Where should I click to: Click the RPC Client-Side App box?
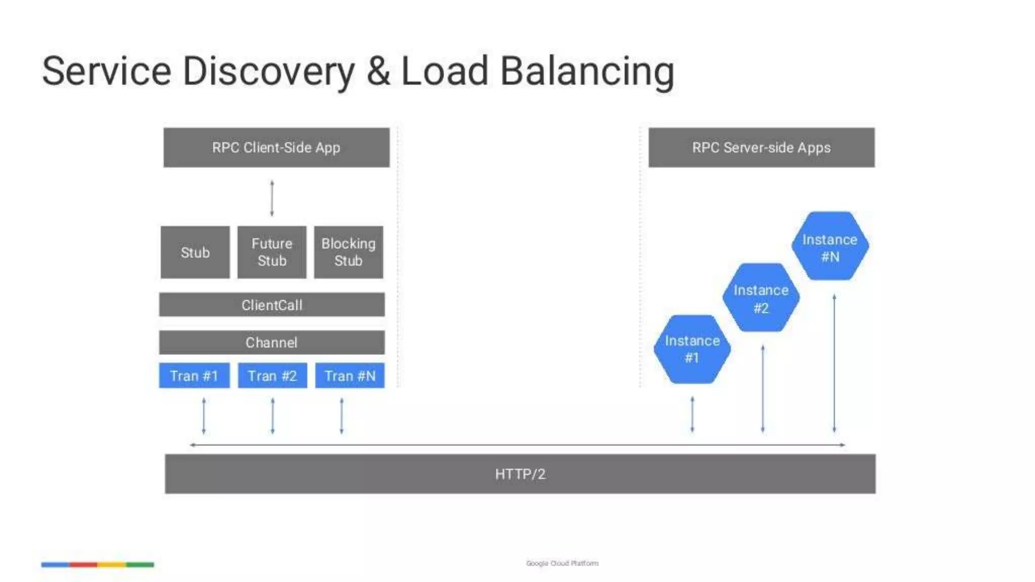coord(276,148)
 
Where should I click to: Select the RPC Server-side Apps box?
coord(761,148)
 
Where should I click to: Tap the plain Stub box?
coord(195,252)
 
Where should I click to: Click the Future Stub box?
coord(272,252)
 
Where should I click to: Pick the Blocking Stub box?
coord(348,252)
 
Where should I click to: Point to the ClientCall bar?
coord(272,305)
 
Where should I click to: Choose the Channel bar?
coord(272,343)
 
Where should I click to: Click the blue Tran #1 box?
coord(194,375)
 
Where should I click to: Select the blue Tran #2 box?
coord(272,375)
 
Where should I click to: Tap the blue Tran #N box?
coord(350,375)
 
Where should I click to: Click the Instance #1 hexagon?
coord(692,349)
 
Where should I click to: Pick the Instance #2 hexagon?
coord(761,298)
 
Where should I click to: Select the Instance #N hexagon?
coord(830,247)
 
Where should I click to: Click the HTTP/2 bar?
coord(520,474)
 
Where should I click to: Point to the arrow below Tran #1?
coord(204,416)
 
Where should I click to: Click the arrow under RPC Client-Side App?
coord(272,198)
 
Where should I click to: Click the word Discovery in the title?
coord(268,71)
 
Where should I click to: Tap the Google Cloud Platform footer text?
coord(562,563)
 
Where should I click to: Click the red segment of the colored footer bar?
coord(83,564)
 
